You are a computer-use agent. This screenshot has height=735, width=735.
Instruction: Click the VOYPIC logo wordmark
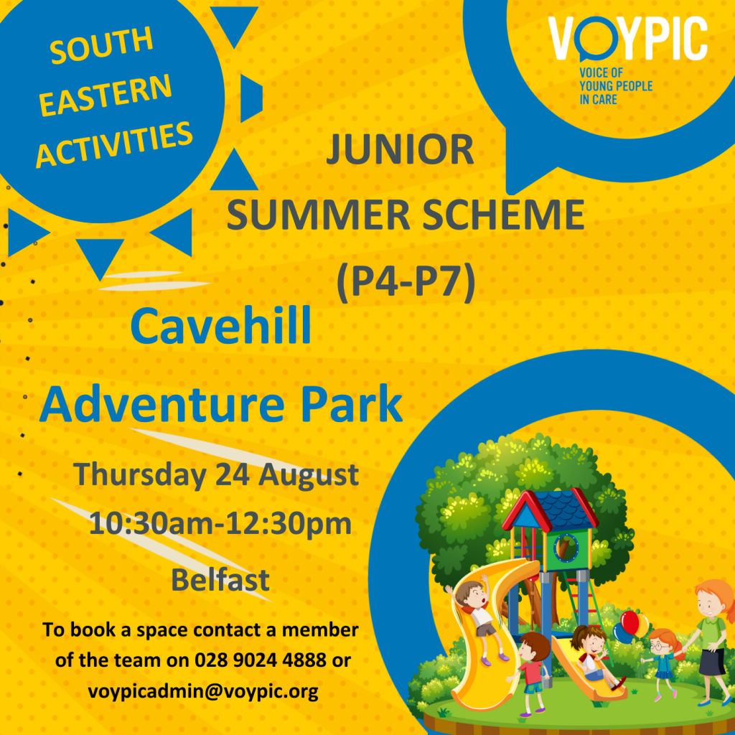[x=628, y=39]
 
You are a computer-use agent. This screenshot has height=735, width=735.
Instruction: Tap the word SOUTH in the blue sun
[x=102, y=45]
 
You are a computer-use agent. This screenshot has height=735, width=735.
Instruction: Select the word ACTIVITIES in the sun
[x=114, y=144]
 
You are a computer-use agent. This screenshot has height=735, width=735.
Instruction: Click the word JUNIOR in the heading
[x=400, y=150]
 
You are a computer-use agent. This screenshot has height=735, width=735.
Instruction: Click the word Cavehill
[x=221, y=325]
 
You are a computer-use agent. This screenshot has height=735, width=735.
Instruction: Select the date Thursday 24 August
[x=216, y=474]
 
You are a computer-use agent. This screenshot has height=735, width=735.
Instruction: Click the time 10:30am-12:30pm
[x=220, y=523]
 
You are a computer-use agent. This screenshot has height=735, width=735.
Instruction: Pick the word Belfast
[x=220, y=580]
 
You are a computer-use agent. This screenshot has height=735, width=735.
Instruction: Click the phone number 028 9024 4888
[x=261, y=660]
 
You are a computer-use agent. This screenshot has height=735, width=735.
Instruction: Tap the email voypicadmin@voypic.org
[x=203, y=690]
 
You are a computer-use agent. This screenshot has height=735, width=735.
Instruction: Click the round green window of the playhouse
[x=566, y=548]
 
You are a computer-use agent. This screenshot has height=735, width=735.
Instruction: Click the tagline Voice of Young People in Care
[x=615, y=86]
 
